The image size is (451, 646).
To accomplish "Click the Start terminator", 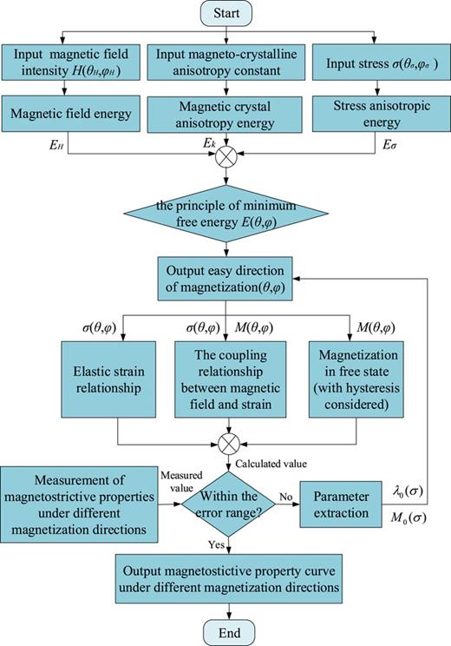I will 227,15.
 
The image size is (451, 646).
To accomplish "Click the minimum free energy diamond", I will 227,214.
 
